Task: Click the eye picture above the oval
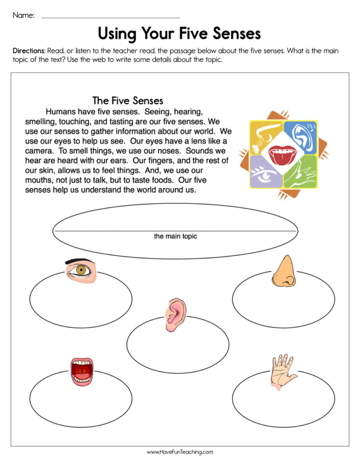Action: pyautogui.click(x=81, y=271)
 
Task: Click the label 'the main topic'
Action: pyautogui.click(x=175, y=236)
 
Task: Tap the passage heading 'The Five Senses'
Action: pyautogui.click(x=127, y=100)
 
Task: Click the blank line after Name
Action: pyautogui.click(x=111, y=17)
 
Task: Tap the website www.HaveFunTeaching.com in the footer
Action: pyautogui.click(x=180, y=452)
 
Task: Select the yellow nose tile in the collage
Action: pyautogui.click(x=265, y=133)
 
